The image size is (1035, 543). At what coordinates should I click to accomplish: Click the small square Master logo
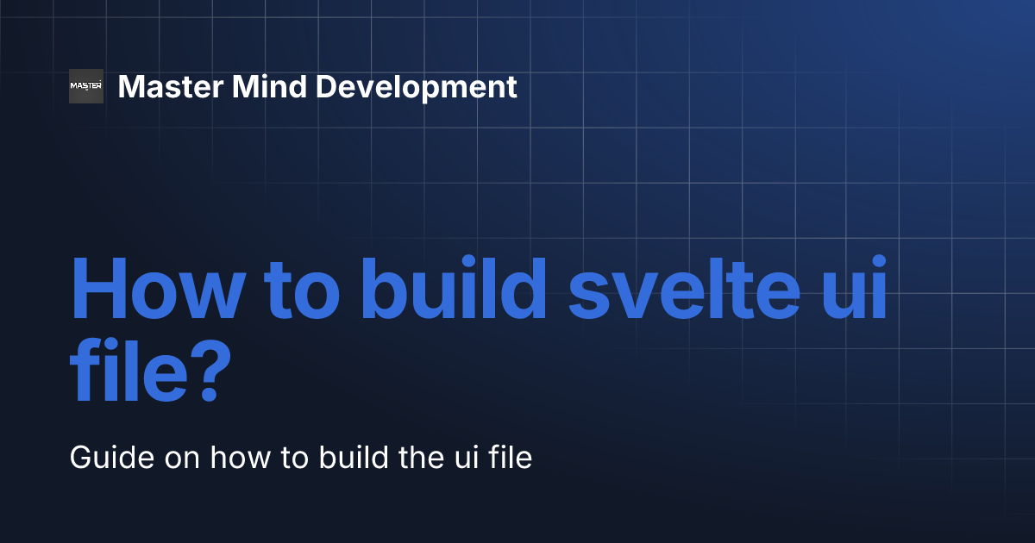pyautogui.click(x=86, y=86)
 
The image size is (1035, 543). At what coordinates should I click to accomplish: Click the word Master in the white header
pyautogui.click(x=171, y=87)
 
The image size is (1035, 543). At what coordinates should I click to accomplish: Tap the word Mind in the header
pyautogui.click(x=269, y=86)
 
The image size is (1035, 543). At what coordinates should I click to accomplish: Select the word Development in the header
pyautogui.click(x=417, y=88)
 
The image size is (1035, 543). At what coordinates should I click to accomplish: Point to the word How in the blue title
pyautogui.click(x=158, y=289)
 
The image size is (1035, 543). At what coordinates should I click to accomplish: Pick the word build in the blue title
pyautogui.click(x=454, y=287)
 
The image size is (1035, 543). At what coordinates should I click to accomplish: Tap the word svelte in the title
pyautogui.click(x=684, y=287)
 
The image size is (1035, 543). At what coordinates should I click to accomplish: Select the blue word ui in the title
pyautogui.click(x=855, y=287)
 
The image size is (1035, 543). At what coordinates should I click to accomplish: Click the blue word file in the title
pyautogui.click(x=129, y=370)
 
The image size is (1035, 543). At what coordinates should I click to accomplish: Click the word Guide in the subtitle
pyautogui.click(x=112, y=458)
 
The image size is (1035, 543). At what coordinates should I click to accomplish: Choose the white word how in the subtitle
pyautogui.click(x=241, y=458)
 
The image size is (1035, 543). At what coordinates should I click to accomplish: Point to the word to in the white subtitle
pyautogui.click(x=294, y=459)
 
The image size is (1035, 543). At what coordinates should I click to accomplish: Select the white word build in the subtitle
pyautogui.click(x=354, y=458)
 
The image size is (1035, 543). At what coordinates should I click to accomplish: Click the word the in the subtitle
pyautogui.click(x=421, y=458)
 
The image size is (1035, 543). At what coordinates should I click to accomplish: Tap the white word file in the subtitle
pyautogui.click(x=511, y=458)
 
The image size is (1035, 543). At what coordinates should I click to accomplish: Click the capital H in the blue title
pyautogui.click(x=99, y=289)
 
